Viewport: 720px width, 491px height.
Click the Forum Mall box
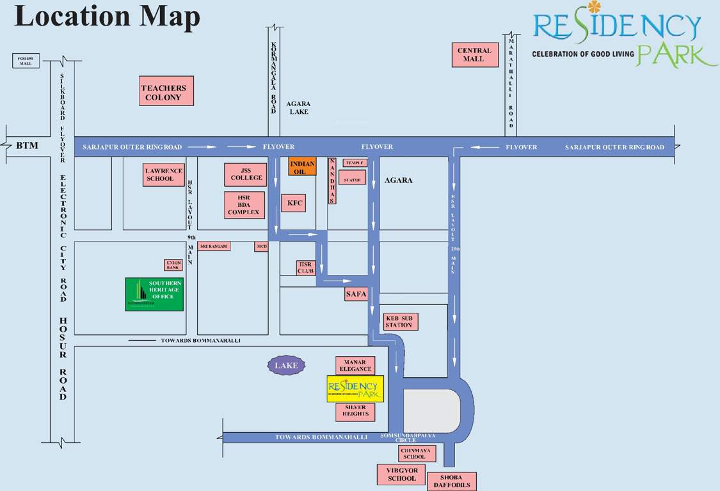(26, 61)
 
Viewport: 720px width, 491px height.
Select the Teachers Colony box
(166, 91)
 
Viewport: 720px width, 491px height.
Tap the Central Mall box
(474, 55)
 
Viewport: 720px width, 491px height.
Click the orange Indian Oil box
(302, 168)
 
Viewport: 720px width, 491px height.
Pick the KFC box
(294, 203)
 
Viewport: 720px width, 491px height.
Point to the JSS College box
(246, 174)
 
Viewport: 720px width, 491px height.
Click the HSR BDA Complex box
(244, 205)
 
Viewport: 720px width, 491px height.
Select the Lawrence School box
(164, 175)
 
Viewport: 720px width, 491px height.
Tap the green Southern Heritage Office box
(154, 294)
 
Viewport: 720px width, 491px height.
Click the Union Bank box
(173, 265)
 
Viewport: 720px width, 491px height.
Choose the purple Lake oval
(286, 366)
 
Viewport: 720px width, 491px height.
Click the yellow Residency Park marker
(355, 389)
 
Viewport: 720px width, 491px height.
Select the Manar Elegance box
(355, 366)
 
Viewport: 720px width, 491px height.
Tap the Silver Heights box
(355, 411)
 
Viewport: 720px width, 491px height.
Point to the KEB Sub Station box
(399, 322)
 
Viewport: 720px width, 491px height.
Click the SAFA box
(355, 294)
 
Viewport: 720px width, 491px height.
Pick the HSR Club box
(306, 268)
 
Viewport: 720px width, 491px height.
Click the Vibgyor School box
(401, 474)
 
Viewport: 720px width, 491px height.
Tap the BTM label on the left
(27, 146)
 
